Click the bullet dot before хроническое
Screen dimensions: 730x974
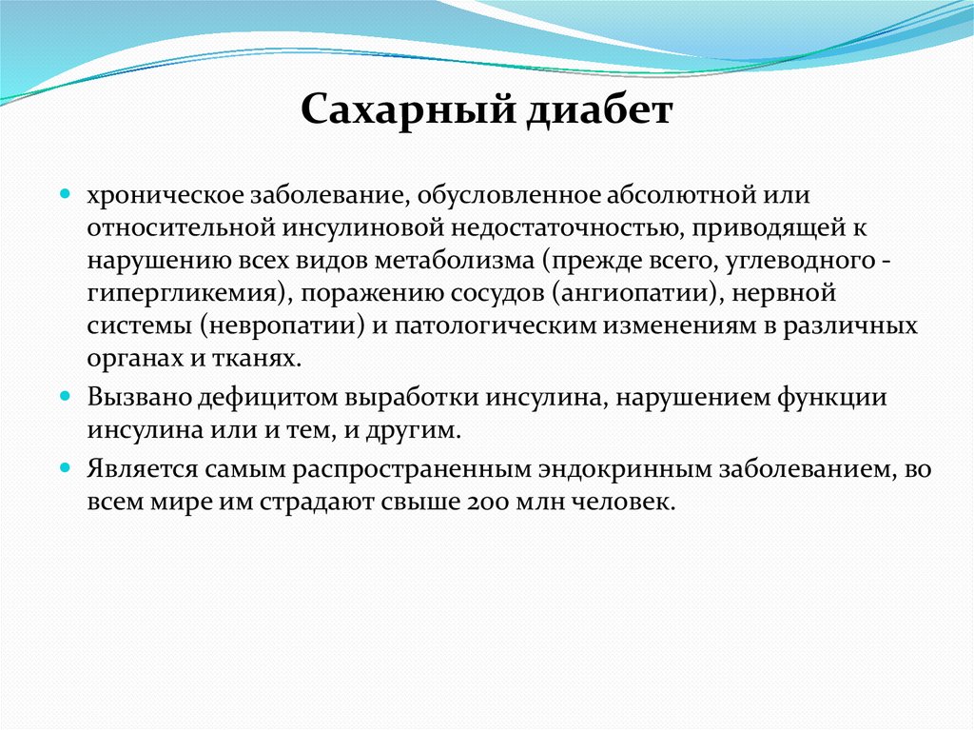pyautogui.click(x=67, y=193)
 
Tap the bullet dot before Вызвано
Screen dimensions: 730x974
pyautogui.click(x=67, y=395)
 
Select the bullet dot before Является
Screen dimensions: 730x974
pyautogui.click(x=67, y=467)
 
